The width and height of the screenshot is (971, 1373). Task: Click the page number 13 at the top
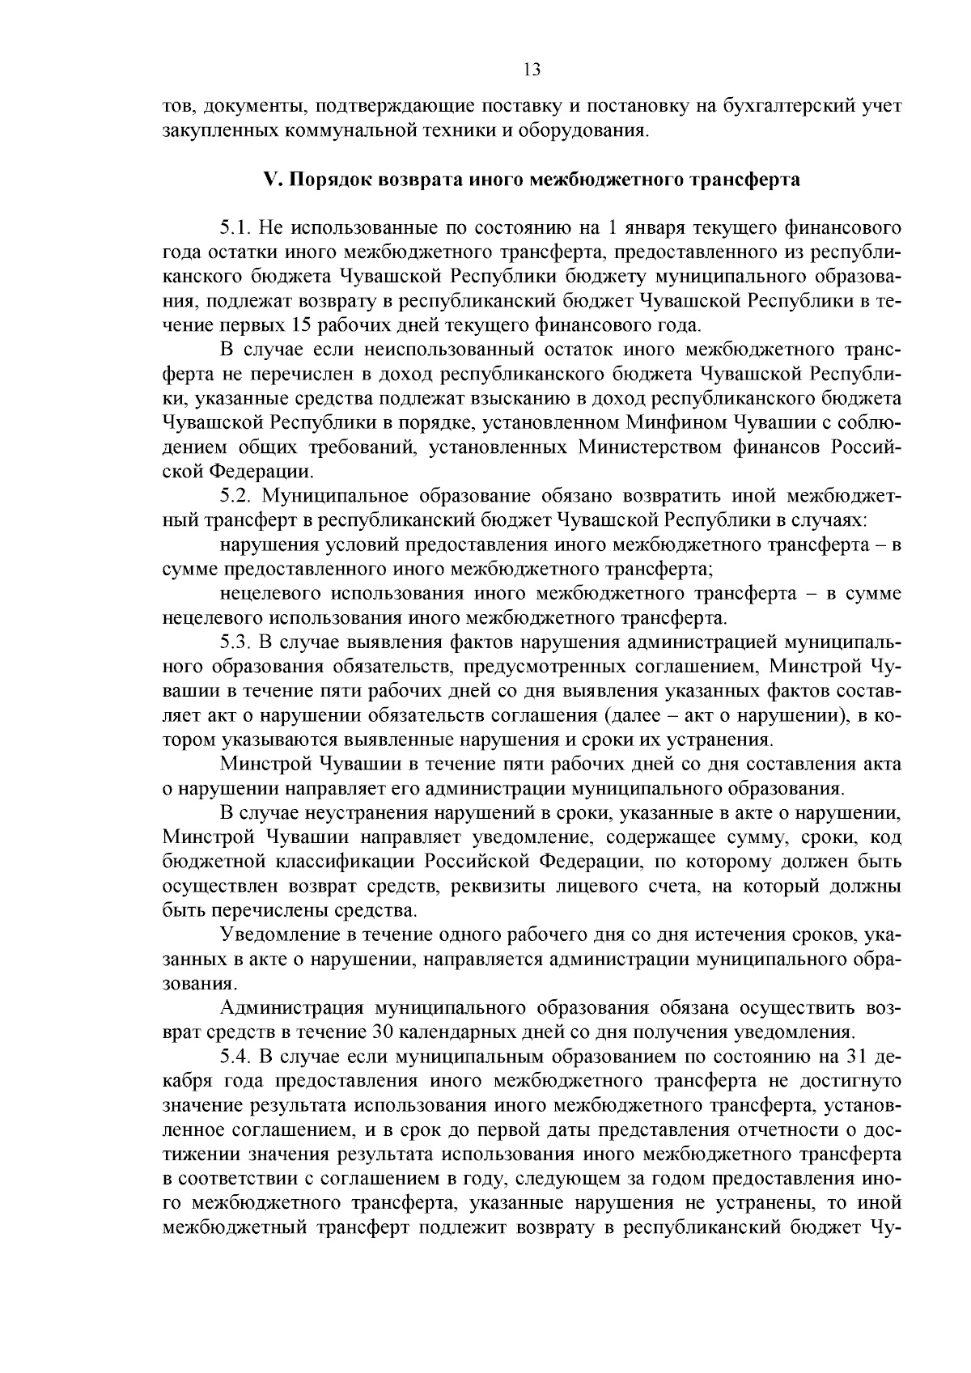tap(532, 70)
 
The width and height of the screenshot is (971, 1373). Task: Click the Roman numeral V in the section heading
tap(270, 180)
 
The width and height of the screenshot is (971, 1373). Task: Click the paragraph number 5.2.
tap(235, 495)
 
